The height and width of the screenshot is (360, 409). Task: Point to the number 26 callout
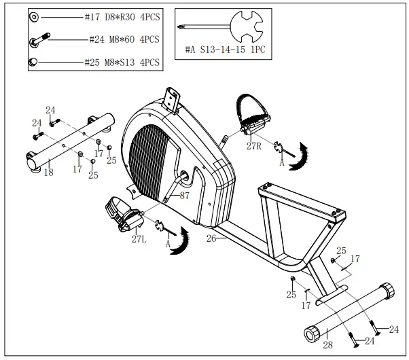[211, 238]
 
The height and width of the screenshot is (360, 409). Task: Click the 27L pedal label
[139, 238]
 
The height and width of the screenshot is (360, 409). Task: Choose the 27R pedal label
[255, 145]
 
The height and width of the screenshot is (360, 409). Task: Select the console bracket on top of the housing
[171, 100]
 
